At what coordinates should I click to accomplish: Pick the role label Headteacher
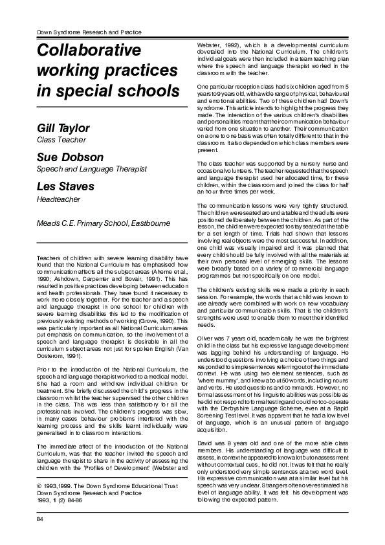pyautogui.click(x=55, y=199)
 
